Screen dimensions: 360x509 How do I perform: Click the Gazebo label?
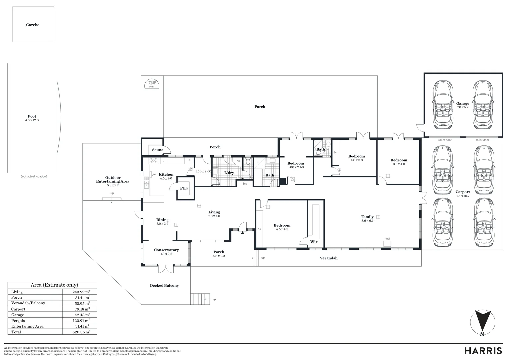[x=33, y=25]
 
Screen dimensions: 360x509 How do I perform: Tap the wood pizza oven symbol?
[x=152, y=84]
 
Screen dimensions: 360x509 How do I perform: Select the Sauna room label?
[x=158, y=150]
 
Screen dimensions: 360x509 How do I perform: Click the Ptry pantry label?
[x=184, y=188]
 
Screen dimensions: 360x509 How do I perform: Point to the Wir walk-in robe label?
[x=314, y=242]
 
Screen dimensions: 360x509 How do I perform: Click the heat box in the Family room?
[x=387, y=243]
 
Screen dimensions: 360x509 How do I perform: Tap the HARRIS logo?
[x=483, y=351]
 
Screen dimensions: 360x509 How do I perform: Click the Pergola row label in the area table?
[x=18, y=321]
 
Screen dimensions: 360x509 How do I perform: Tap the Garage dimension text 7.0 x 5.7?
[x=462, y=107]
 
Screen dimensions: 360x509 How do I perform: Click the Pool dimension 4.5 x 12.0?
[x=32, y=120]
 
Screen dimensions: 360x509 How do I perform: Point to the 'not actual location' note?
[x=34, y=176]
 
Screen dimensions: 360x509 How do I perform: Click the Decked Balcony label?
[x=164, y=285]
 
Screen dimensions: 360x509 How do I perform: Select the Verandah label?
[x=328, y=258]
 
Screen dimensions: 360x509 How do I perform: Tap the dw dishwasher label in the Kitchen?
[x=154, y=174]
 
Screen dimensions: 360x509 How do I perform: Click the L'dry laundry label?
[x=229, y=173]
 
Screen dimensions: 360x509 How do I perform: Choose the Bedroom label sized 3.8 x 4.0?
[x=399, y=160]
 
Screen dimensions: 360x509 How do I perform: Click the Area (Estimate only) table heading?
[x=54, y=285]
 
